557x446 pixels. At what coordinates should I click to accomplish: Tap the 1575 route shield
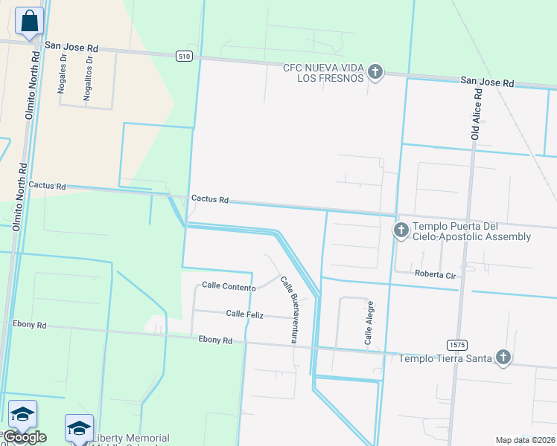[457, 345]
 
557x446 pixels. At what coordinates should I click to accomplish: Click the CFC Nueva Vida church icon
[375, 73]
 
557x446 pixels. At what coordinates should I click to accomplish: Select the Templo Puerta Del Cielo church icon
[401, 230]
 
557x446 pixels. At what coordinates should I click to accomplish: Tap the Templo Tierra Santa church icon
[504, 358]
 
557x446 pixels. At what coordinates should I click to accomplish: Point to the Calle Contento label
[229, 286]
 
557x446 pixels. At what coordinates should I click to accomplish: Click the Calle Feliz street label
[245, 314]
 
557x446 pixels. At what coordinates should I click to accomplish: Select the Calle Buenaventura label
[289, 308]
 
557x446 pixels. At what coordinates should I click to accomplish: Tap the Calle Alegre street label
[369, 323]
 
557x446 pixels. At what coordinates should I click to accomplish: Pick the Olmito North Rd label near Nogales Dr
[31, 83]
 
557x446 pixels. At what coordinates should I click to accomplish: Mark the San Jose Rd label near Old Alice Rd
[487, 81]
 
